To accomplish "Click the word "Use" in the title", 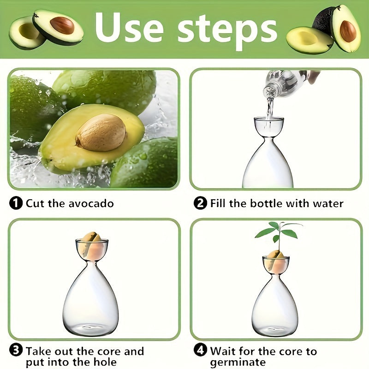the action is tap(129, 27).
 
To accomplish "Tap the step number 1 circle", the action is tap(16, 203).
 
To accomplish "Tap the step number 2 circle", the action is tap(200, 203).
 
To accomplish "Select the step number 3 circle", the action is tap(16, 351).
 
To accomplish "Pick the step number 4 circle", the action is tap(200, 351).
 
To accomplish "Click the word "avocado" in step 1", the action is tap(91, 203).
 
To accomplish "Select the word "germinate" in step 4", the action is tap(238, 363).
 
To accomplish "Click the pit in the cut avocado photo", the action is tap(101, 132).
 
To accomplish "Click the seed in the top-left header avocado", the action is tap(62, 25).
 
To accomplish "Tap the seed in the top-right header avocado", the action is tap(348, 31).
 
